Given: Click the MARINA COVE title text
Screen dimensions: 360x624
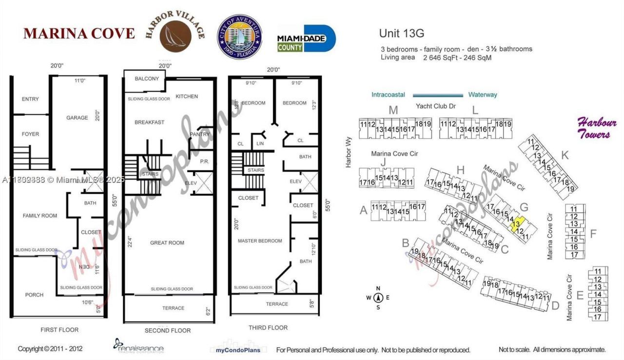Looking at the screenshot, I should click(x=79, y=34).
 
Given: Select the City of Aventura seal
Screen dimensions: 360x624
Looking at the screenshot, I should click(x=239, y=36).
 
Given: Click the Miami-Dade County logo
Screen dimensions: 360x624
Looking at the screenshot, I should click(x=306, y=39).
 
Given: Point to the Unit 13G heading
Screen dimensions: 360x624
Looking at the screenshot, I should click(x=402, y=34).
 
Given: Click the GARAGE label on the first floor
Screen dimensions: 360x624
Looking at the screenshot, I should click(x=78, y=118).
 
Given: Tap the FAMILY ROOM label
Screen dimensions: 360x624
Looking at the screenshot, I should click(x=40, y=216).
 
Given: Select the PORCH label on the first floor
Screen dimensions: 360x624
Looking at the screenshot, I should click(x=34, y=295).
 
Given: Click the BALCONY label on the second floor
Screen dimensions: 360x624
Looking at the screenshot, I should click(x=147, y=79).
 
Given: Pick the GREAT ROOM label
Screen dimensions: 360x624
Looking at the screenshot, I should click(x=167, y=243).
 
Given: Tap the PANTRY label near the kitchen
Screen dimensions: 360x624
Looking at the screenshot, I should click(x=200, y=135).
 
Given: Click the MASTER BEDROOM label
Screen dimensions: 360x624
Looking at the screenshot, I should click(x=260, y=241).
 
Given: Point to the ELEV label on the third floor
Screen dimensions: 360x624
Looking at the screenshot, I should click(x=296, y=181).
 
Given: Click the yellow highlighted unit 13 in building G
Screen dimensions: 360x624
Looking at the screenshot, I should click(x=516, y=224).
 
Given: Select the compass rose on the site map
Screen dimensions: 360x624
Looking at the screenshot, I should click(x=377, y=298).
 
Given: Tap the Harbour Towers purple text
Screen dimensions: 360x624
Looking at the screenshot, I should click(x=597, y=128).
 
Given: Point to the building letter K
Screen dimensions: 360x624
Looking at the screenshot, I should click(x=565, y=155).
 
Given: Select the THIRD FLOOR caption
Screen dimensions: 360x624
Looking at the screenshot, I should click(x=268, y=328).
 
